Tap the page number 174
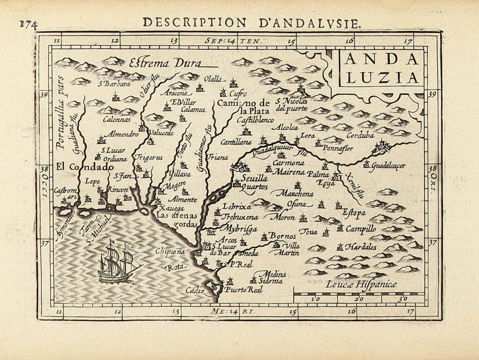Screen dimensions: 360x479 coord(29,24)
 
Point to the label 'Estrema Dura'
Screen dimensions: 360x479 coord(165,62)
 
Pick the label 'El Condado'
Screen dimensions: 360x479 coord(84,167)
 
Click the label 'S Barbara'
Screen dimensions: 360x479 coord(115,84)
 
